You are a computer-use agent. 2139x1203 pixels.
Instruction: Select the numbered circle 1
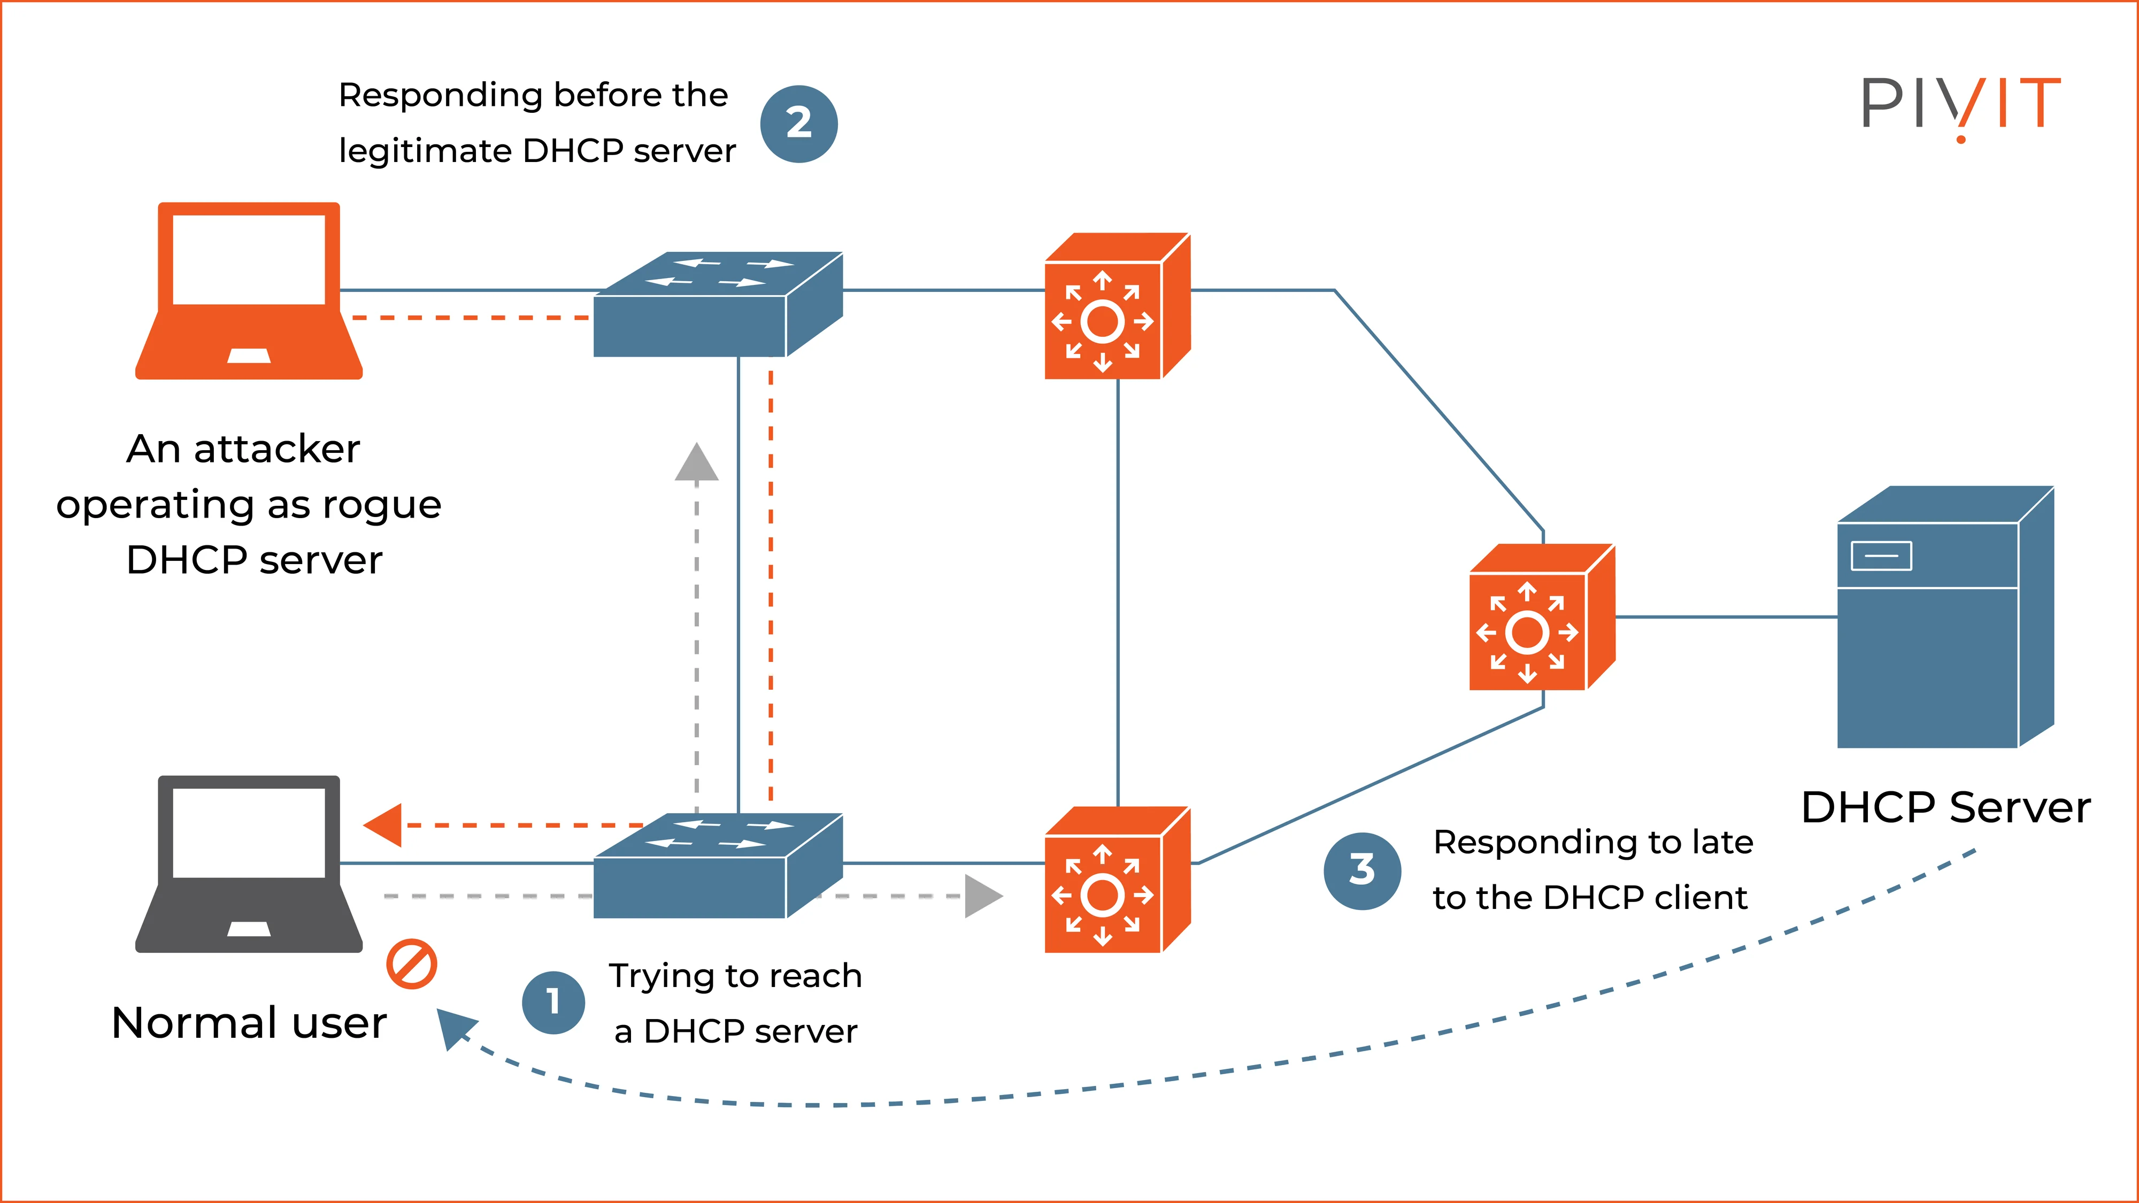click(553, 1002)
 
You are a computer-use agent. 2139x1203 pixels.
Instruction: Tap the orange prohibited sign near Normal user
click(411, 964)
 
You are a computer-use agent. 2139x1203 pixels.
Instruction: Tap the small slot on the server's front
click(1881, 556)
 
